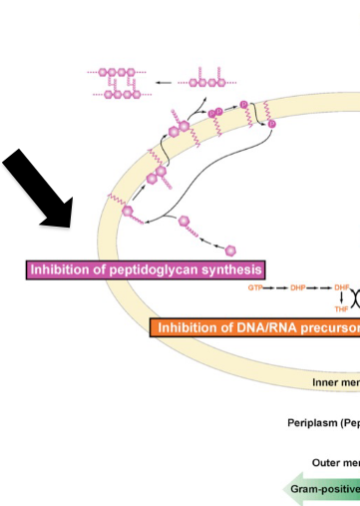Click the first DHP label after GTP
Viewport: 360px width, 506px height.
[297, 287]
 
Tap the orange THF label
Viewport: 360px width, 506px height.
[341, 309]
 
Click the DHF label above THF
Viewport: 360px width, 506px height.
[341, 287]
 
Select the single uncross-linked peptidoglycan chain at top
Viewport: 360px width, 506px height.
[204, 77]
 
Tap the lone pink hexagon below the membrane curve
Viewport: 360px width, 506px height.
[230, 249]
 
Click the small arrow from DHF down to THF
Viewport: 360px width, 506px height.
[341, 298]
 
